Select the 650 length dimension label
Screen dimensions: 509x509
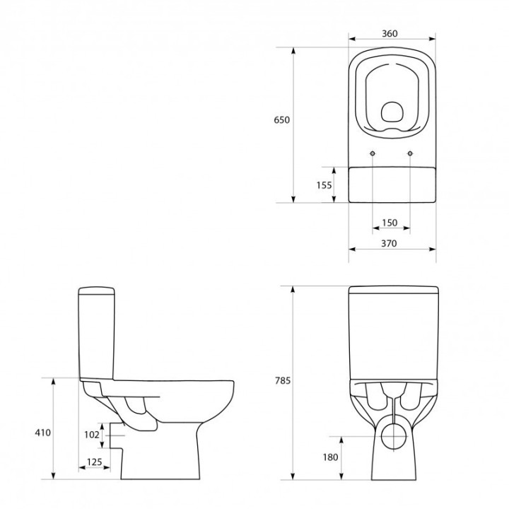point(281,120)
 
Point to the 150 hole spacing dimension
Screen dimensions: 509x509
point(390,223)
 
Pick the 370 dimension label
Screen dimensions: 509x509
point(390,243)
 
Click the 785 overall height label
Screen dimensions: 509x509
point(282,380)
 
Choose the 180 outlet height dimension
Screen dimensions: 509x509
point(331,457)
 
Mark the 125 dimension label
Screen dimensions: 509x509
point(94,462)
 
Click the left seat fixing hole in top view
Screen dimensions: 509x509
point(372,153)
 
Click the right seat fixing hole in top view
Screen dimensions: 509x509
point(410,153)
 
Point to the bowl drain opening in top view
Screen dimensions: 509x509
point(391,112)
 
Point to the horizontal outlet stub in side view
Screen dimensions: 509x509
point(112,435)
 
